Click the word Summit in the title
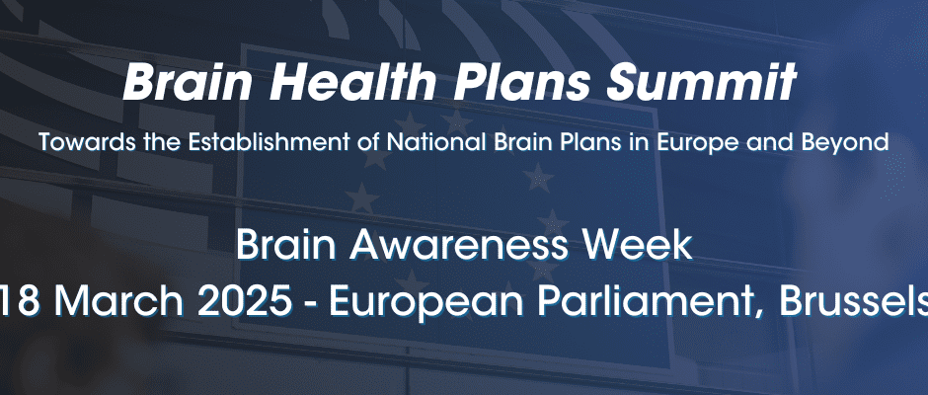pos(701,82)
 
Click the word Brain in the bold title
pos(189,82)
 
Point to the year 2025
pos(245,301)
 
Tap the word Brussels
pos(853,301)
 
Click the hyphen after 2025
pos(311,305)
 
